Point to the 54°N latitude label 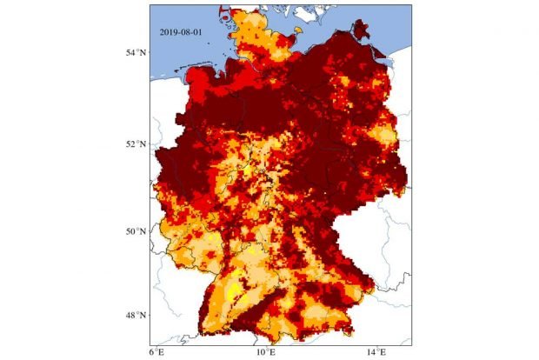coord(134,53)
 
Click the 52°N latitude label coord(134,143)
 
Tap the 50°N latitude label coord(134,231)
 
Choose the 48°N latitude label coord(134,315)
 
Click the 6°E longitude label coord(157,351)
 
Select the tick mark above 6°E coord(157,343)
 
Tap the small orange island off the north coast coord(297,31)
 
